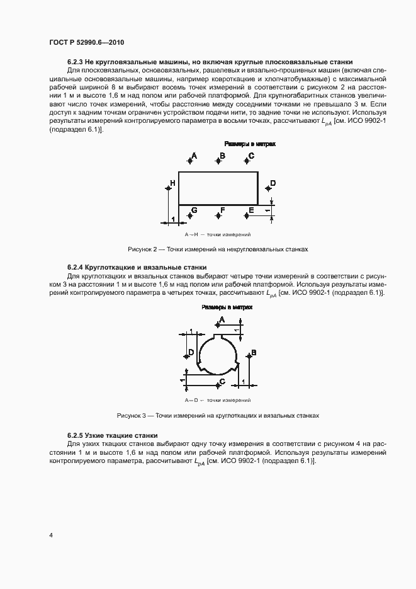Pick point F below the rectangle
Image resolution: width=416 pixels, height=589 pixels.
click(x=218, y=215)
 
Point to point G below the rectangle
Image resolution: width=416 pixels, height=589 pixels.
click(x=189, y=215)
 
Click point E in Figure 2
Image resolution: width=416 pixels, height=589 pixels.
click(x=247, y=215)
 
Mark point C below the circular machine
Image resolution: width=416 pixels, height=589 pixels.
click(x=216, y=383)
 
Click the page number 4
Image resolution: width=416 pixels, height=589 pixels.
click(x=50, y=535)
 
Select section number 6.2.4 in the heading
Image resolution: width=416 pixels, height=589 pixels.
click(x=75, y=267)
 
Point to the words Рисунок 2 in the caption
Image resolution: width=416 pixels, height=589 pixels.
click(x=142, y=249)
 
